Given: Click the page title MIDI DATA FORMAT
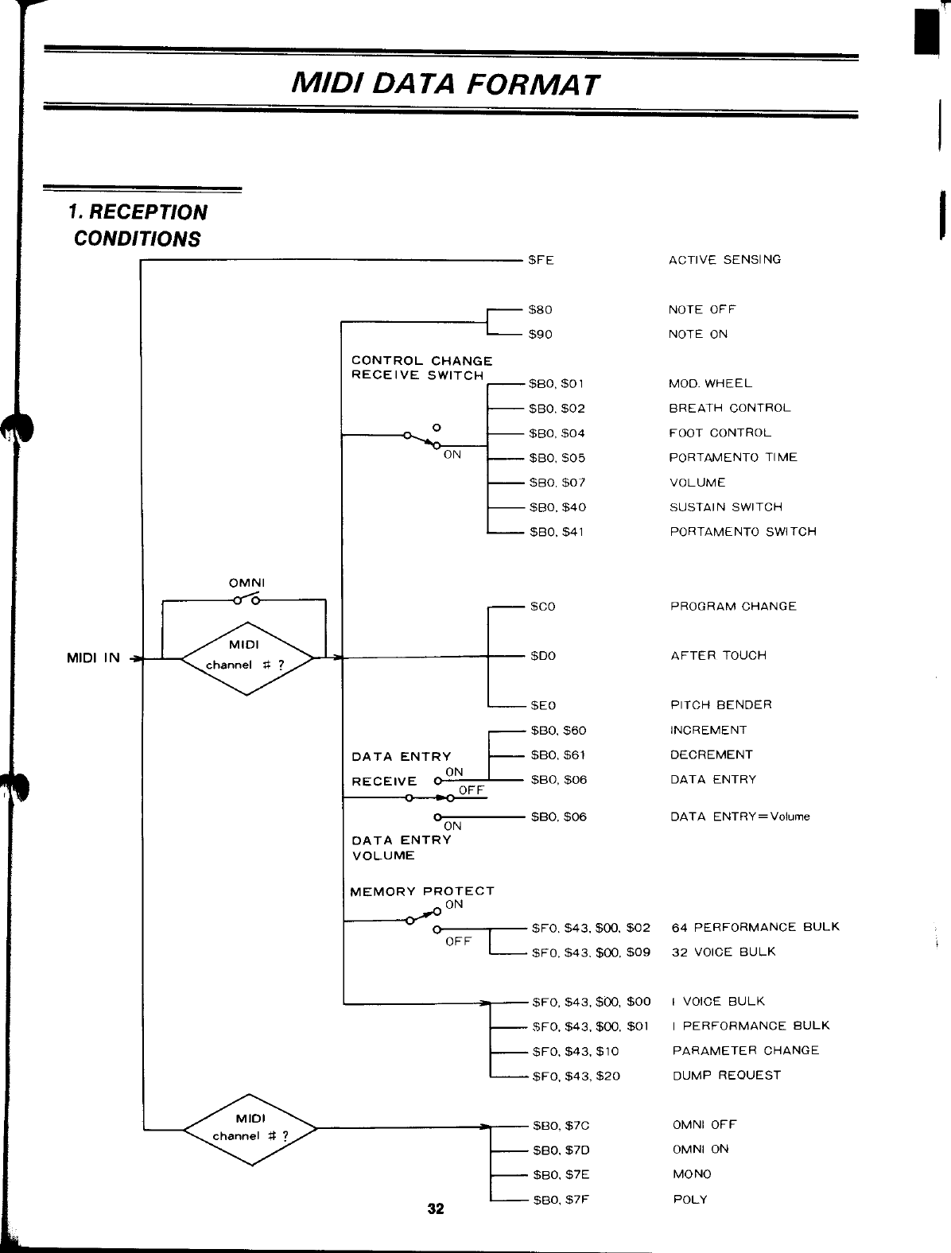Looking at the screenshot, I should pos(444,83).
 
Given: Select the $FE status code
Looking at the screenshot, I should pos(541,259).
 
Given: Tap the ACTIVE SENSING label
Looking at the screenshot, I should pos(724,259).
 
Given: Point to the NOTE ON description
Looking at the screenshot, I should pos(697,334).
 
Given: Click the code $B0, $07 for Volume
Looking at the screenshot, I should pos(557,483).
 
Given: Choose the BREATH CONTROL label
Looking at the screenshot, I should pos(729,408).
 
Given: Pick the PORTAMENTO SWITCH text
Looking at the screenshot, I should pos(743,531).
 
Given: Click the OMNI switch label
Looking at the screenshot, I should pos(246,583).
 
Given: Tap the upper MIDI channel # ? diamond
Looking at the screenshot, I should pos(248,658).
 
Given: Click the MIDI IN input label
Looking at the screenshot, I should pos(93,658).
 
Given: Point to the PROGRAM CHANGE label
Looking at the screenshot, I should pos(733,606).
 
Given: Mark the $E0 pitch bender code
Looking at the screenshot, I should pos(543,705).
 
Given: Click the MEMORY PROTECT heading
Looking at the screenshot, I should pos(422,890).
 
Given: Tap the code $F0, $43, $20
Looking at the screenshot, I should pos(576,1076).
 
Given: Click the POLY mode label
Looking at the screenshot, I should pos(689,1199).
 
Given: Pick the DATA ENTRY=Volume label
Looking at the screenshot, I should pos(739,817).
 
